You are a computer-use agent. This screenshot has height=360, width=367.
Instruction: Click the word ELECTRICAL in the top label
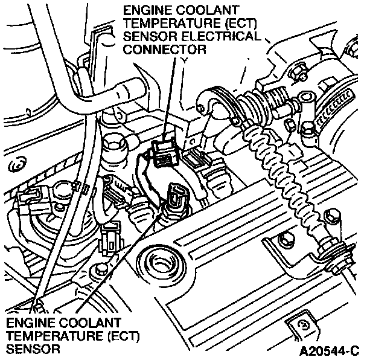click(223, 37)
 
